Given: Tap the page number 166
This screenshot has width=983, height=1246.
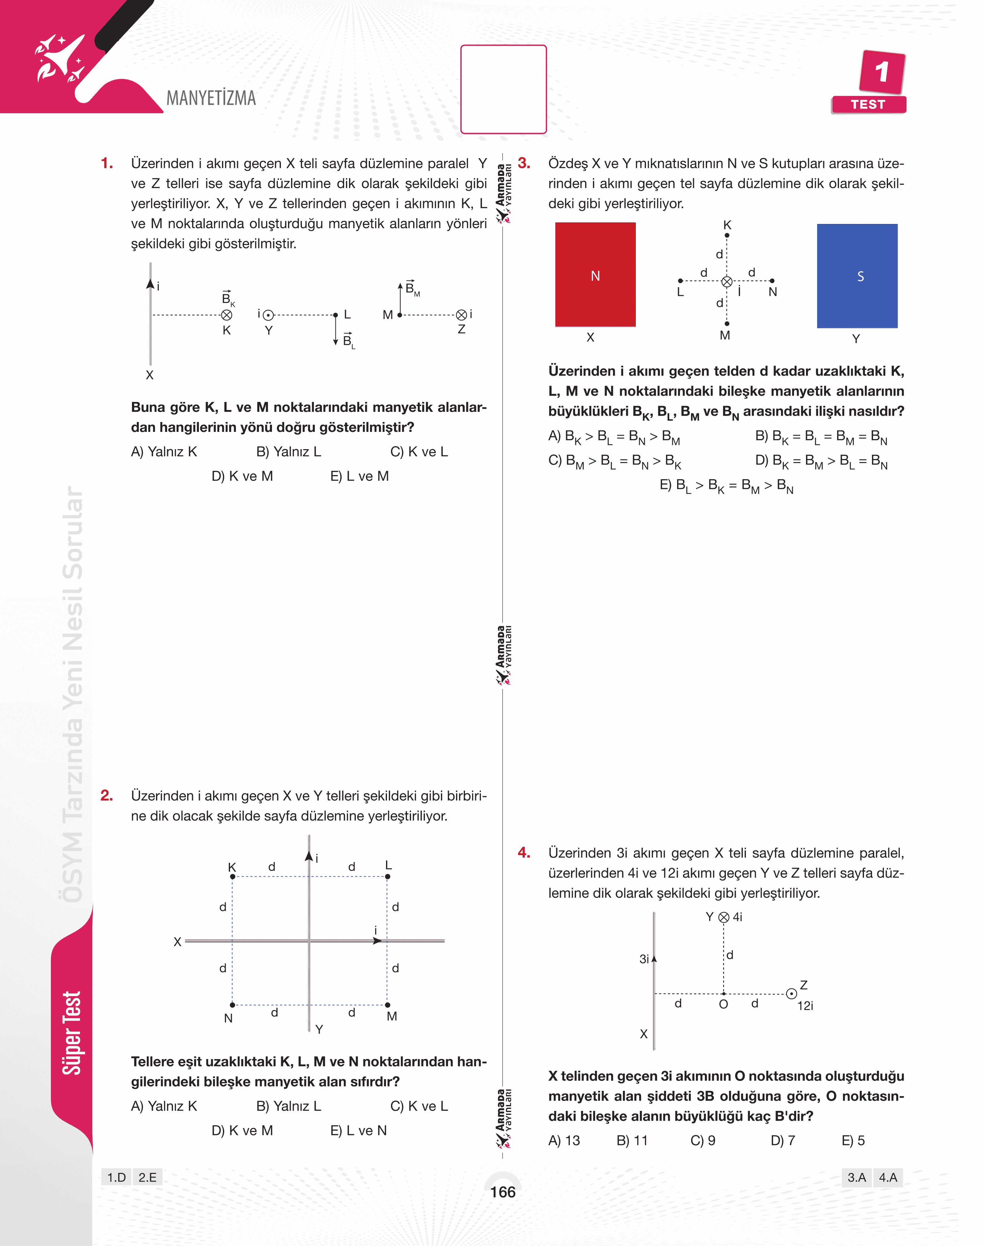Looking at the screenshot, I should click(502, 1192).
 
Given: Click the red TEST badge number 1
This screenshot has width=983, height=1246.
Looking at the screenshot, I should click(881, 72).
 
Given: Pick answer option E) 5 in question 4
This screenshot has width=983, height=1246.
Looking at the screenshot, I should click(853, 1140).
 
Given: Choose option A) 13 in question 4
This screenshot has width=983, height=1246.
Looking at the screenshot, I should click(564, 1140).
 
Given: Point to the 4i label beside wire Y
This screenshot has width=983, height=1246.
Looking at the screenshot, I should click(737, 917).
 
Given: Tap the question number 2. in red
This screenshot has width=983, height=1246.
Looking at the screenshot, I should click(106, 795).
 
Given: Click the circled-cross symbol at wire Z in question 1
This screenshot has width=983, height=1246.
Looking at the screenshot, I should click(461, 315).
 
